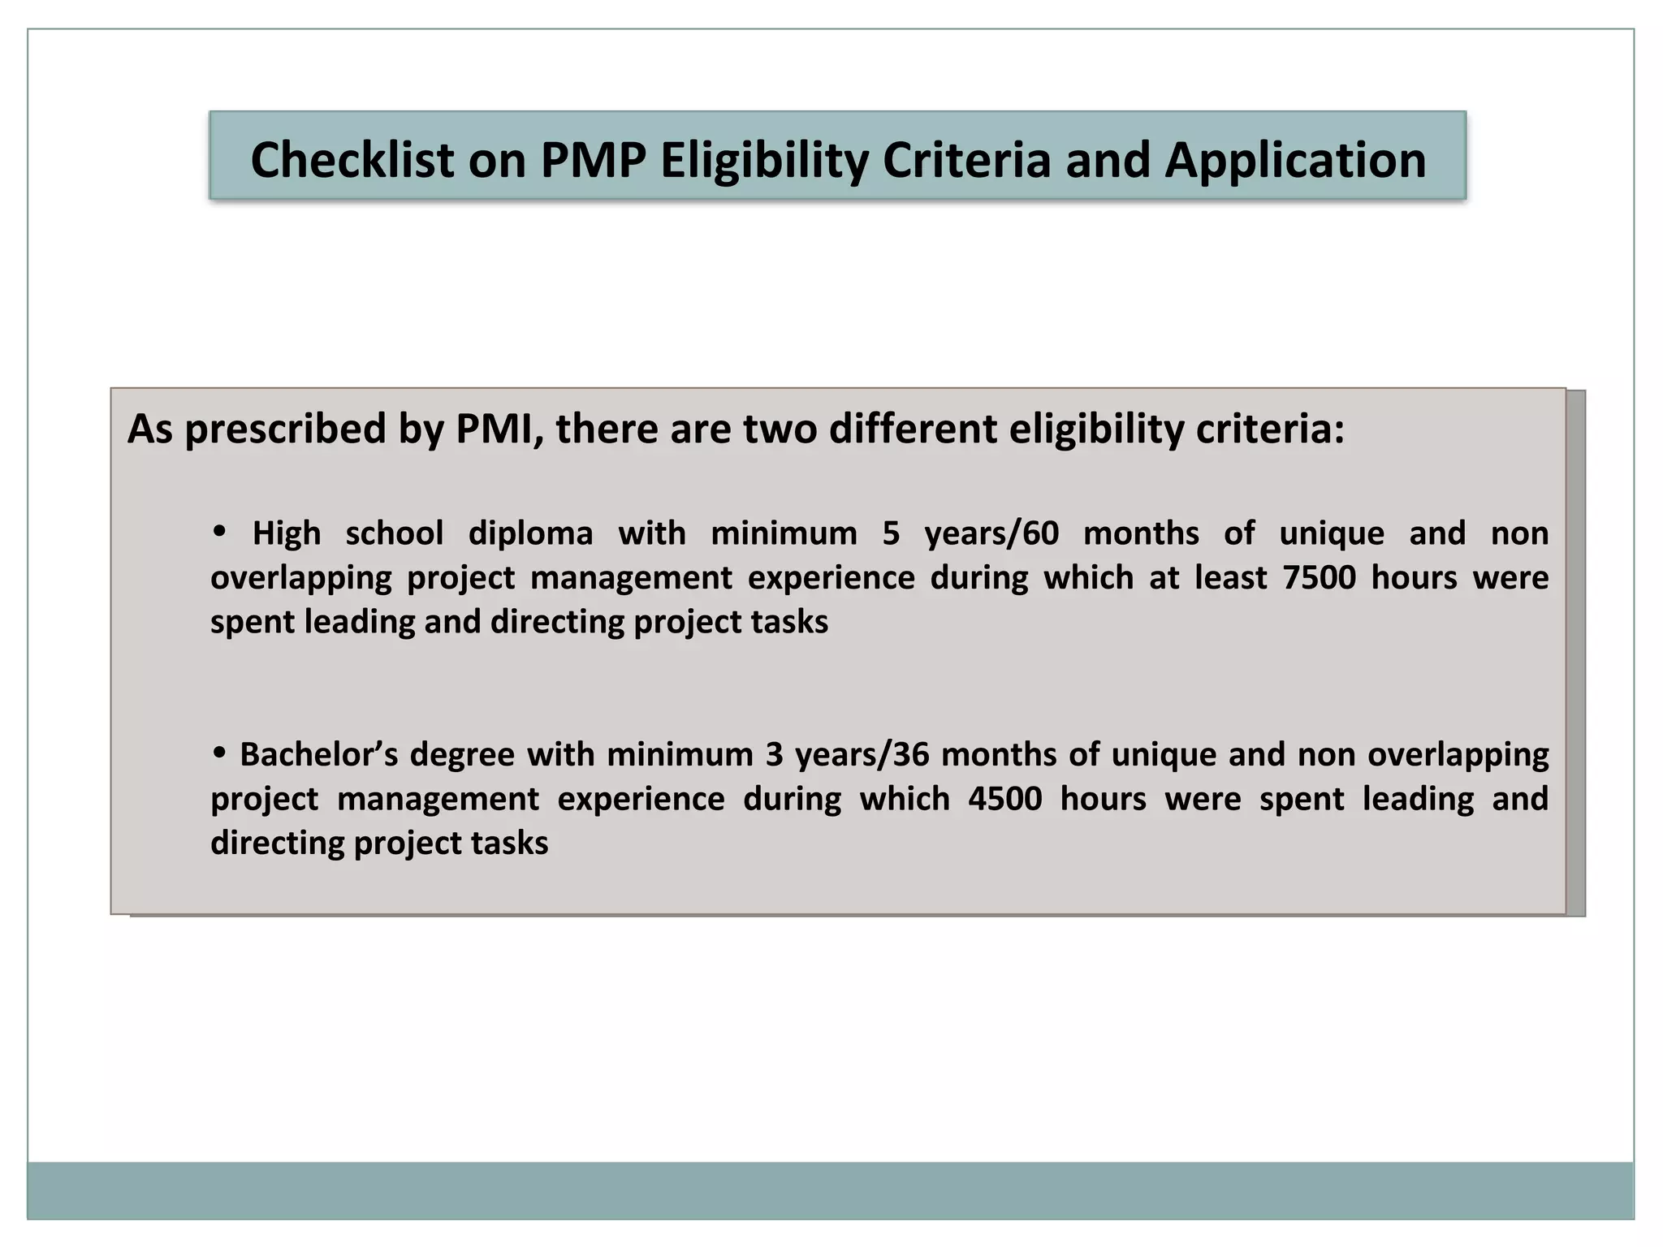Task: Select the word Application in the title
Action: [x=1295, y=160]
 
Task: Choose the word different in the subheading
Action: [x=912, y=429]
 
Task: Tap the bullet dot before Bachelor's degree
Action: [x=218, y=753]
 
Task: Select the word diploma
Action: [x=530, y=534]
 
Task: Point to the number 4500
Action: [x=1004, y=799]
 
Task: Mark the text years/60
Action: [x=991, y=534]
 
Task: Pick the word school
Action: [x=395, y=534]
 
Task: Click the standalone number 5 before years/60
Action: [x=891, y=534]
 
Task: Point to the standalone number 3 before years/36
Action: [x=773, y=755]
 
